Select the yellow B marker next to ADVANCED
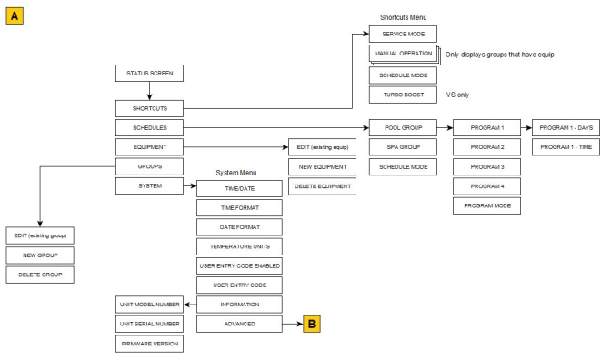312,322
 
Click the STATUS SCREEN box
147,72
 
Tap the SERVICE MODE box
402,33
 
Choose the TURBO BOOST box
402,95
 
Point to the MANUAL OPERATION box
402,54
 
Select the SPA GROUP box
402,147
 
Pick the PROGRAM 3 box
486,166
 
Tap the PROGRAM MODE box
486,205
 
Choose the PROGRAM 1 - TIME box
571,147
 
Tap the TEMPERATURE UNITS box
239,245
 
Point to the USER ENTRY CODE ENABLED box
239,265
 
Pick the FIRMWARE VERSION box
147,342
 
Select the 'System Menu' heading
239,172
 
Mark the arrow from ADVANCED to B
291,322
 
